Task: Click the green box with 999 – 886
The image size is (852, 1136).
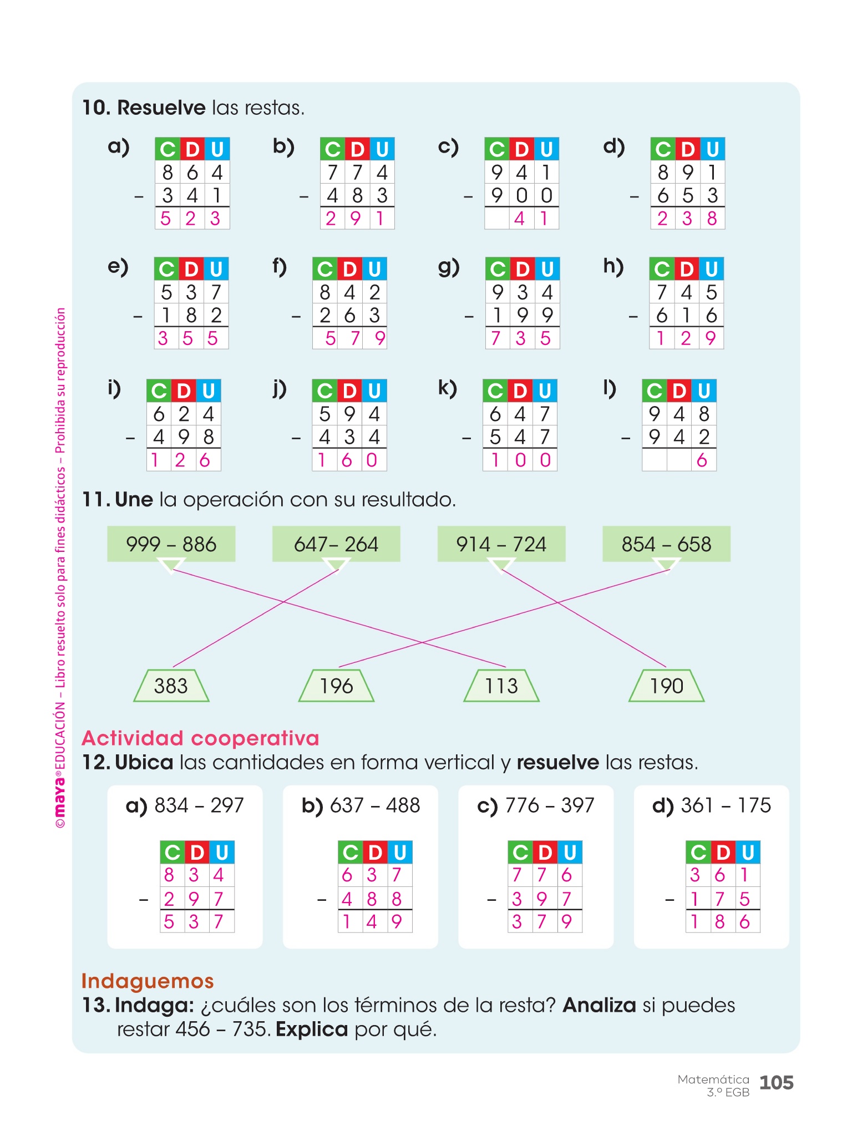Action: pyautogui.click(x=171, y=544)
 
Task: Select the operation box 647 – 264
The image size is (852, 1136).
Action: pyautogui.click(x=336, y=544)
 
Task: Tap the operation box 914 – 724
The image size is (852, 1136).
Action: pyautogui.click(x=501, y=544)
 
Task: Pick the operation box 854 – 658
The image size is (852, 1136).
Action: pyautogui.click(x=666, y=544)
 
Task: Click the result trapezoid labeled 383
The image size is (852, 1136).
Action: pyautogui.click(x=171, y=686)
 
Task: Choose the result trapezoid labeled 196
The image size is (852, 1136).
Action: pyautogui.click(x=336, y=686)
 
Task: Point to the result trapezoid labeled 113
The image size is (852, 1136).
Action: pyautogui.click(x=501, y=686)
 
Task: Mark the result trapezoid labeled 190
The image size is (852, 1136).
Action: pyautogui.click(x=666, y=686)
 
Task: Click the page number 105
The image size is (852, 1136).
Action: pyautogui.click(x=776, y=1083)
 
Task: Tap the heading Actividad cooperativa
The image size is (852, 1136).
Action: pyautogui.click(x=200, y=738)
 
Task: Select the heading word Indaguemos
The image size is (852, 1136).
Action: pyautogui.click(x=148, y=981)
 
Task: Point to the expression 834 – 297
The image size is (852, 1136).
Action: pyautogui.click(x=199, y=805)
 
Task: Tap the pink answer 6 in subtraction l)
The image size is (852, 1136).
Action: pyautogui.click(x=702, y=460)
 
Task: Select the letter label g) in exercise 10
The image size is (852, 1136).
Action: pyautogui.click(x=448, y=267)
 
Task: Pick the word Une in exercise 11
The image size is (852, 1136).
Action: pyautogui.click(x=134, y=500)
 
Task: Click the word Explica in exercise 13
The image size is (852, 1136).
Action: pyautogui.click(x=312, y=1029)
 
